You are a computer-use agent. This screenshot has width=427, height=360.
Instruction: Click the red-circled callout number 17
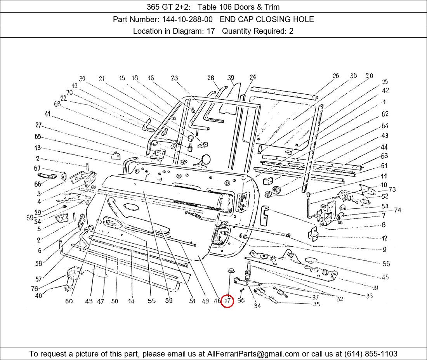click(227, 301)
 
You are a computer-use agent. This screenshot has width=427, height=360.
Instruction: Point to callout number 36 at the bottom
click(241, 301)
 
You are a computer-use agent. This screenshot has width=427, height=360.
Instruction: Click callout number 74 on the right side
click(397, 210)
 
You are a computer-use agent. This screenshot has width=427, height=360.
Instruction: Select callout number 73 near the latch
click(392, 189)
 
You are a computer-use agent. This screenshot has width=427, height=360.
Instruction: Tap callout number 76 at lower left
click(35, 289)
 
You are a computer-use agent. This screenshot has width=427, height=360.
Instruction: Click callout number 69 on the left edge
click(30, 218)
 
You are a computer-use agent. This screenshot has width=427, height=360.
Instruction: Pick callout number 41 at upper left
click(48, 114)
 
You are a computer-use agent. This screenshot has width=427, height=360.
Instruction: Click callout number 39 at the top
click(231, 78)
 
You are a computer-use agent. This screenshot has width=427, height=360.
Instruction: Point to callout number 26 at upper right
click(336, 76)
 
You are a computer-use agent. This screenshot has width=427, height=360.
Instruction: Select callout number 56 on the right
click(386, 263)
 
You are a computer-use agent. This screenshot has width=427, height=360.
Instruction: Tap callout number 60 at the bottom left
click(69, 301)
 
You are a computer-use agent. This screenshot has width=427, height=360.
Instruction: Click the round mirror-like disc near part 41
click(205, 159)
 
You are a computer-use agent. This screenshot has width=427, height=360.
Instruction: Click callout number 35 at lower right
click(316, 304)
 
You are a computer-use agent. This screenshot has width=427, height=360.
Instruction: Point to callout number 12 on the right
click(384, 238)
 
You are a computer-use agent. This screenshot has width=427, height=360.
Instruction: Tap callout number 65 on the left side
click(38, 137)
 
